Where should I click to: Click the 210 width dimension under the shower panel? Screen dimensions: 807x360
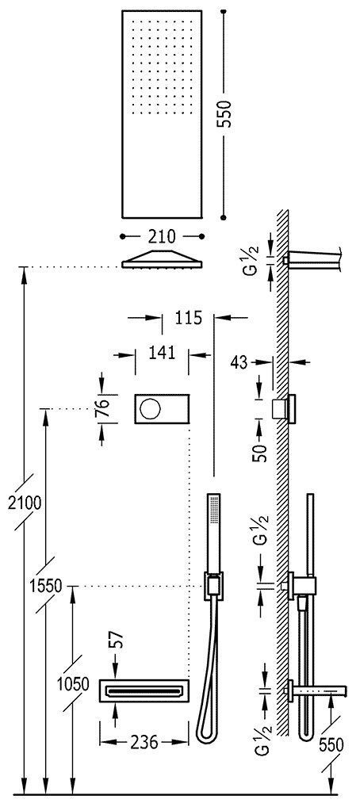click(x=162, y=235)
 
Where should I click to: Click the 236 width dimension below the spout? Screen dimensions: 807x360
click(x=143, y=742)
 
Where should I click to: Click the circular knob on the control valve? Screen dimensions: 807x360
click(x=149, y=409)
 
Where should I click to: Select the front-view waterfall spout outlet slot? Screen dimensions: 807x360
click(x=144, y=690)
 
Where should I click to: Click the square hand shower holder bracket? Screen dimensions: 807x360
click(x=212, y=585)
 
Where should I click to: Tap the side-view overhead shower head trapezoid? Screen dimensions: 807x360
click(x=162, y=258)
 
